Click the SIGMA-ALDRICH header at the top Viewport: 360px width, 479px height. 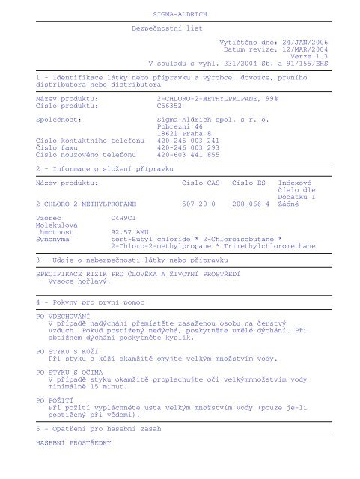click(180, 14)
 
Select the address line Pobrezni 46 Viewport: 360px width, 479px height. click(180, 126)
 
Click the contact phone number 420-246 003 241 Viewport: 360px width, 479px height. click(189, 141)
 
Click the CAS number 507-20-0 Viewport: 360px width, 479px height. click(199, 202)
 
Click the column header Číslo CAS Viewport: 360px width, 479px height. click(201, 181)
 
